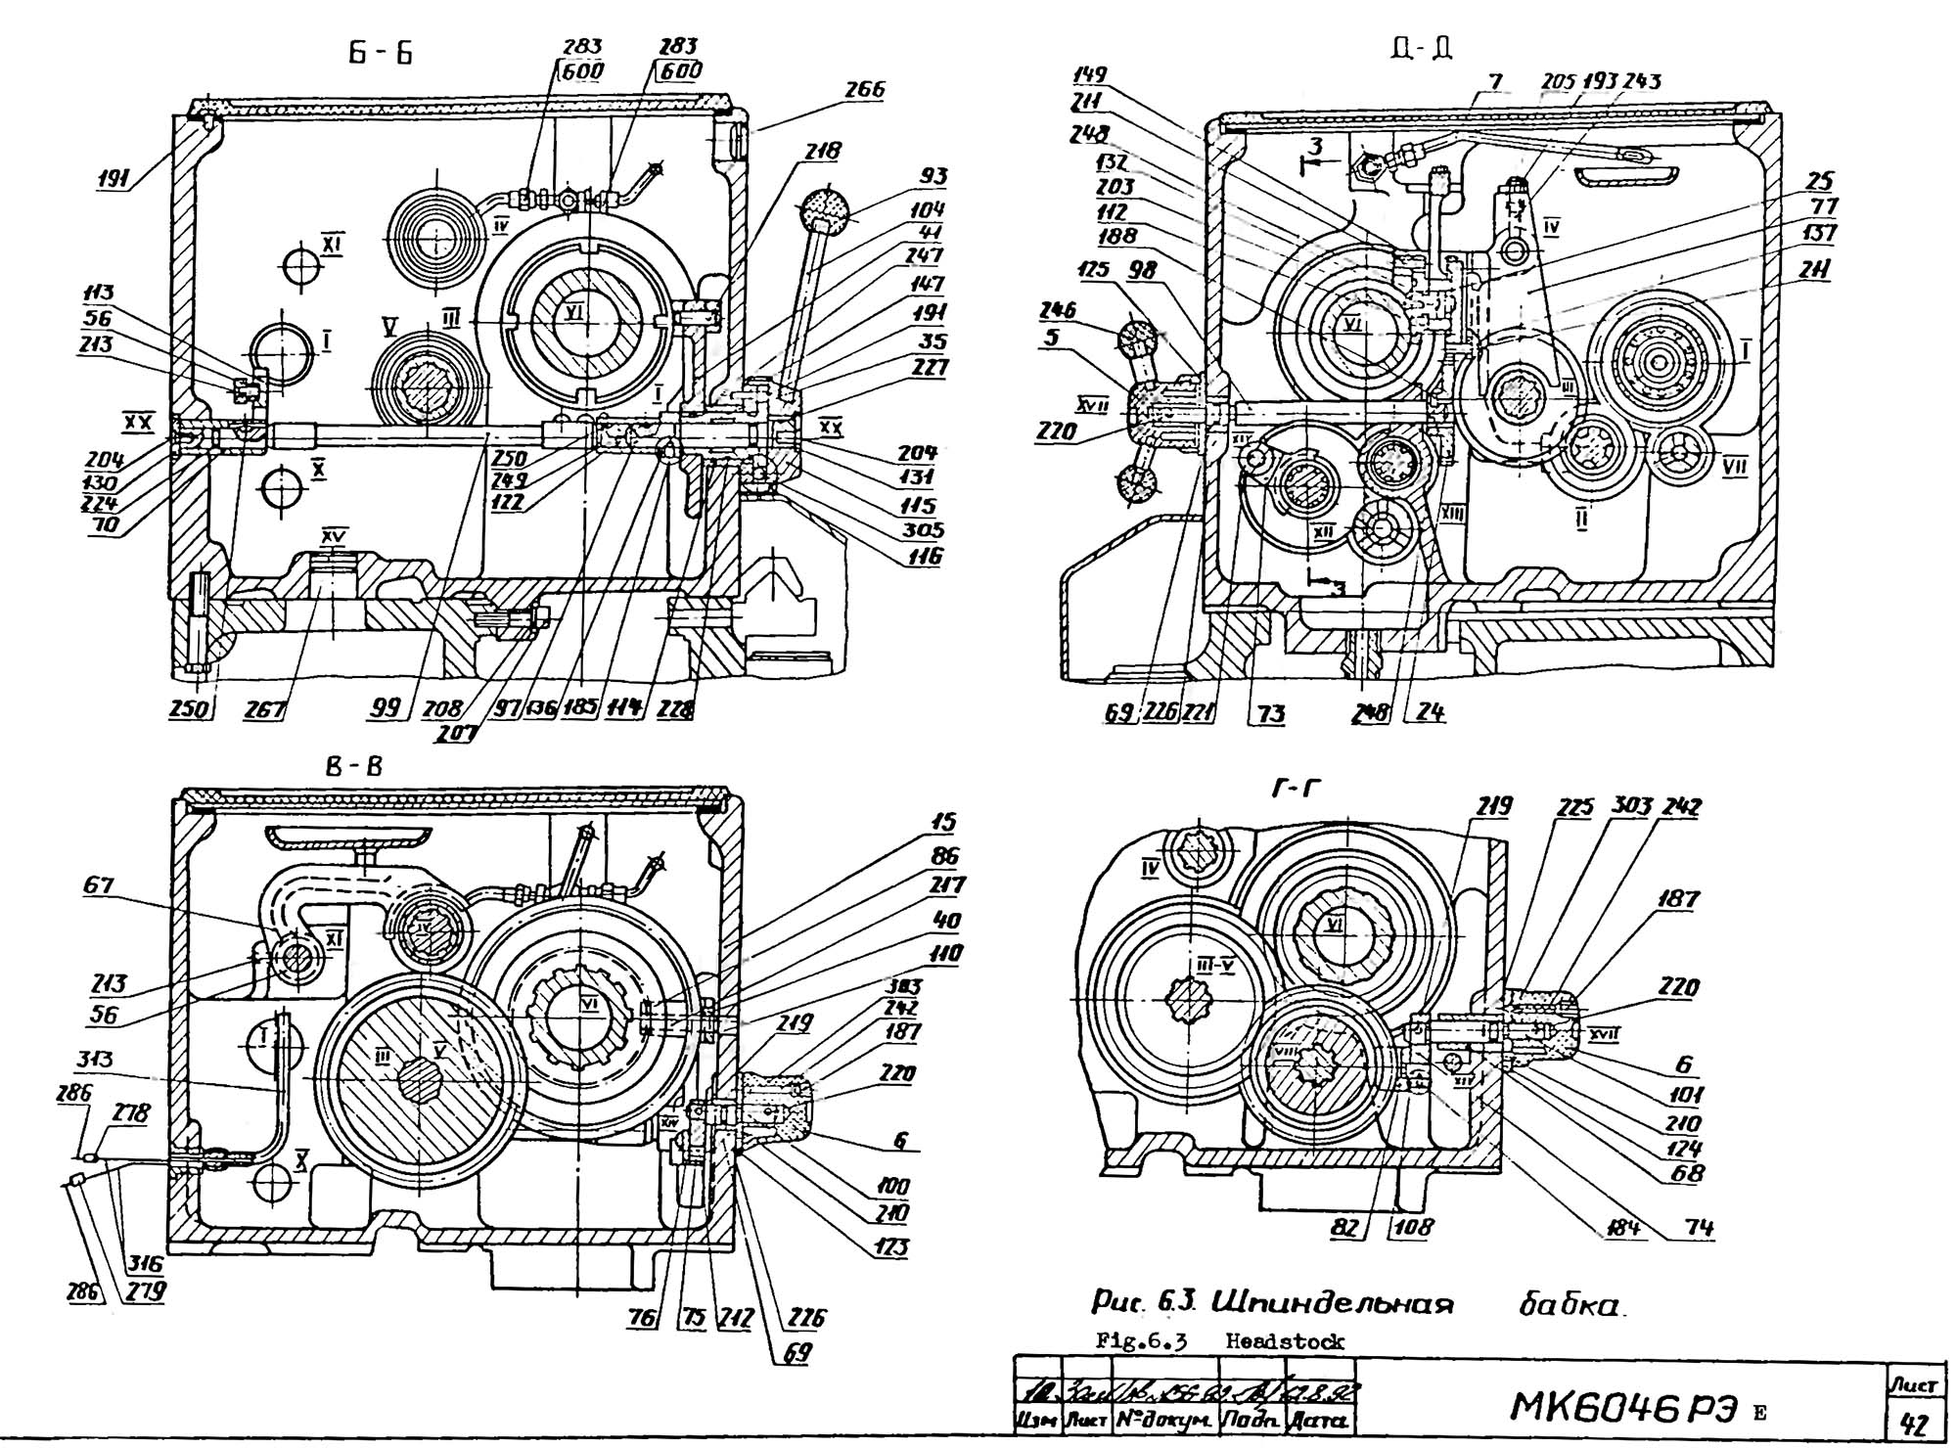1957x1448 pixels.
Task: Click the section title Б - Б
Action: [x=381, y=54]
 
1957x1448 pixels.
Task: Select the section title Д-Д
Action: [x=1426, y=46]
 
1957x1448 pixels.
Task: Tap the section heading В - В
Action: [x=354, y=767]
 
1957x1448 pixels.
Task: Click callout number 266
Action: [x=864, y=90]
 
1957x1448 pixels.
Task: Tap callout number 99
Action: [x=387, y=708]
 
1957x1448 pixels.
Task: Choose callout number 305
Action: [x=924, y=531]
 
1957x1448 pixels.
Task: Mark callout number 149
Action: [x=1089, y=75]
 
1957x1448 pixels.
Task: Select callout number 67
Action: [x=98, y=885]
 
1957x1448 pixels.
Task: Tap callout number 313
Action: [x=94, y=1060]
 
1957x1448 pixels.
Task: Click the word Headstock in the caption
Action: [x=1285, y=1342]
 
